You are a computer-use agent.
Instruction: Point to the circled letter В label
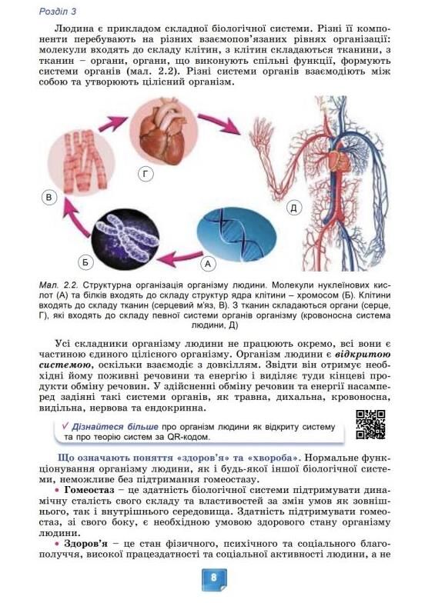49,198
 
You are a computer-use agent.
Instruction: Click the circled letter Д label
293,207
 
